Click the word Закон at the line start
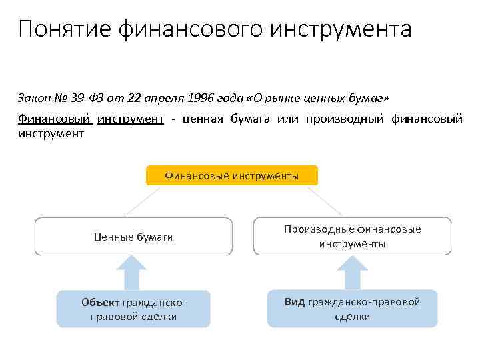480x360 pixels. pos(33,99)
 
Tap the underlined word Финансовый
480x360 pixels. pos(54,119)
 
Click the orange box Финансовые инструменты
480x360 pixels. pos(231,175)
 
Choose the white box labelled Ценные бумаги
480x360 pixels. pos(133,237)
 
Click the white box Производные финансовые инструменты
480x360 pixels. pos(352,237)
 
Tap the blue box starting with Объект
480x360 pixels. pos(133,309)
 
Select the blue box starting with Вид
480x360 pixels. pos(352,309)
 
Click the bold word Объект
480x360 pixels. pos(101,302)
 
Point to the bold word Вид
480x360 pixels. pos(294,302)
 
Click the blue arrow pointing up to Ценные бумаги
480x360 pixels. pos(133,273)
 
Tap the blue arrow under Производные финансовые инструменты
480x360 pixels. pos(352,273)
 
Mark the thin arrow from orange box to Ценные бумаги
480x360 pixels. pos(142,202)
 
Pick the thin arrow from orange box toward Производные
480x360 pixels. pos(324,201)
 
